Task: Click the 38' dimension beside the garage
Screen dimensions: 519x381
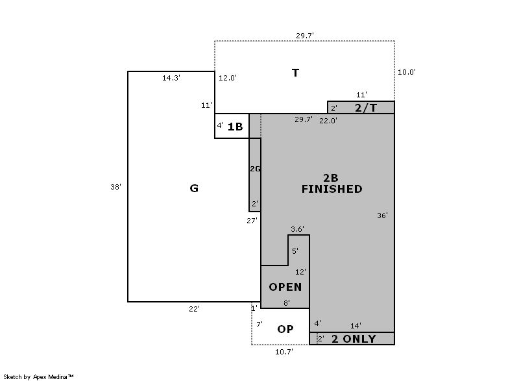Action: click(x=115, y=187)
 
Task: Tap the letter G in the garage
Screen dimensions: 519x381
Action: click(x=194, y=188)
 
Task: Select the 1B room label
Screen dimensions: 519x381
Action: click(x=235, y=127)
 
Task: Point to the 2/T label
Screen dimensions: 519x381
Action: click(x=366, y=108)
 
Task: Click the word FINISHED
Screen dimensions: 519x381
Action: click(x=332, y=189)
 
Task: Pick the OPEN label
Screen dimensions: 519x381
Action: click(x=285, y=287)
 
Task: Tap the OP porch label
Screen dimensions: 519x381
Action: click(x=285, y=329)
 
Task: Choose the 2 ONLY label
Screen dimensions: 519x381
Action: click(x=354, y=339)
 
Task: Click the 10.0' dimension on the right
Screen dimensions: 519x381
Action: click(x=407, y=72)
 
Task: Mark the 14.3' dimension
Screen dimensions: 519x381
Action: click(x=171, y=78)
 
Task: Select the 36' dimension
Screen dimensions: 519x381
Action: click(x=382, y=215)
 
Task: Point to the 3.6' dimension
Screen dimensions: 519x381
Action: click(x=297, y=229)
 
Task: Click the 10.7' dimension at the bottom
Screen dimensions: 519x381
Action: click(x=284, y=352)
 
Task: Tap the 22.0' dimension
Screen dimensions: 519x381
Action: click(x=328, y=121)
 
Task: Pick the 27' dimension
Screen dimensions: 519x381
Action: click(x=252, y=221)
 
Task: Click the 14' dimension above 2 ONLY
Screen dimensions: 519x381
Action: click(x=356, y=326)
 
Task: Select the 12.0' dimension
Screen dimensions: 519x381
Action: click(x=228, y=78)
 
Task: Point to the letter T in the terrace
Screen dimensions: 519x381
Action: click(x=296, y=73)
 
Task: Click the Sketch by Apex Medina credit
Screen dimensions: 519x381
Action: click(x=38, y=376)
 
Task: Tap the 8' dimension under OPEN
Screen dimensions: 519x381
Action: click(x=287, y=303)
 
